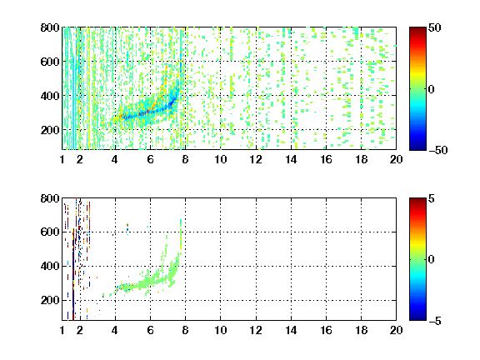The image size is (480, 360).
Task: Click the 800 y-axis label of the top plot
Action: tap(50, 27)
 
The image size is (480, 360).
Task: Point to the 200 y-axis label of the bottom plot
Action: tap(50, 300)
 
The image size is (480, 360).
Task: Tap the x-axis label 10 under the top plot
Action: tap(220, 159)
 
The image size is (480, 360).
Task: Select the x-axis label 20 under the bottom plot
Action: tap(396, 330)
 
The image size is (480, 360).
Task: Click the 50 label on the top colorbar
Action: tap(434, 27)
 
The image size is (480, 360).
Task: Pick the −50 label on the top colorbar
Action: tap(437, 150)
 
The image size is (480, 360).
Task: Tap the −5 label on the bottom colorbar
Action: tap(435, 321)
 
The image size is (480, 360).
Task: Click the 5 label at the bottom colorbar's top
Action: tap(432, 198)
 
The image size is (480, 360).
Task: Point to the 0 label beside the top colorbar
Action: tap(432, 89)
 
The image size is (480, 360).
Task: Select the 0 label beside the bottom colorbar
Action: tap(432, 260)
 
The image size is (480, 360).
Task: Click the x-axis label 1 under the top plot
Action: tap(62, 159)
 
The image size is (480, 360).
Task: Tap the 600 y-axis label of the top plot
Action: tap(50, 62)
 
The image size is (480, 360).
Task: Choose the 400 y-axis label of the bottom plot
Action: tap(50, 266)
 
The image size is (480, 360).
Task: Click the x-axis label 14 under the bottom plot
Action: tap(291, 330)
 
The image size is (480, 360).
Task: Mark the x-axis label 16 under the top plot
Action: tap(326, 159)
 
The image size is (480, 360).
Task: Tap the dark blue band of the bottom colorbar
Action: tap(417, 317)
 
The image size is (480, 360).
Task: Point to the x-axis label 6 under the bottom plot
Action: tap(150, 330)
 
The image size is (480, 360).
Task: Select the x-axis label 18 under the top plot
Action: tap(361, 159)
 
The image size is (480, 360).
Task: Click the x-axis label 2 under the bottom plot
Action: tap(80, 330)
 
